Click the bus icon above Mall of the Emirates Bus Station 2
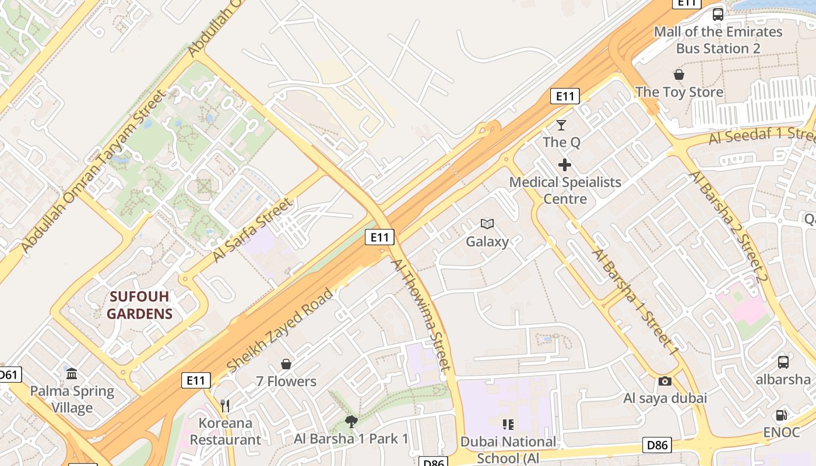[x=718, y=15]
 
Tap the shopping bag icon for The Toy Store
[x=679, y=75]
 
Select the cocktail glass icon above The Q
[x=561, y=125]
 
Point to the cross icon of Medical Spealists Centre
[x=564, y=165]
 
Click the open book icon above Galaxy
[x=487, y=224]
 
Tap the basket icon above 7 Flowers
[x=286, y=364]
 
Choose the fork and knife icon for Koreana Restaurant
[x=225, y=405]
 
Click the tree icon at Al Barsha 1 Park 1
[x=351, y=421]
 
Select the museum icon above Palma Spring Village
[x=72, y=373]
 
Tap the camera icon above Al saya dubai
[x=665, y=381]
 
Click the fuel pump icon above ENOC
[x=781, y=415]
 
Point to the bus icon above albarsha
[x=783, y=362]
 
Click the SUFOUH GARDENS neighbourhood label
[x=140, y=305]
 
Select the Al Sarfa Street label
[x=252, y=230]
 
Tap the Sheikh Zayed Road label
[x=281, y=330]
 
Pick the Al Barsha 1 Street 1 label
[x=636, y=302]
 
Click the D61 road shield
[x=9, y=375]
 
